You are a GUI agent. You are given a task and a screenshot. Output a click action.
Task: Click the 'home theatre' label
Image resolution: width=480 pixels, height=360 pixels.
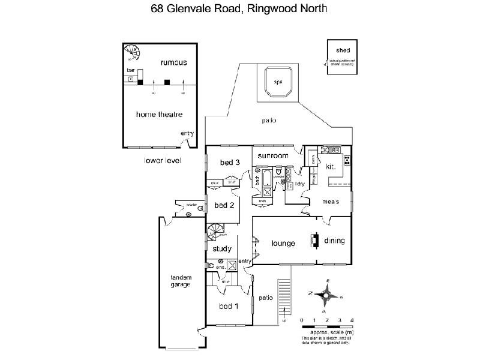point(159,114)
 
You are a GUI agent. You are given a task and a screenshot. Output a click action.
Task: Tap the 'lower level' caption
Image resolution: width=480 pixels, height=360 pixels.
point(161,161)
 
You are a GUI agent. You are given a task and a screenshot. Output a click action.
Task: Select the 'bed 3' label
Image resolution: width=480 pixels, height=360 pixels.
point(230,163)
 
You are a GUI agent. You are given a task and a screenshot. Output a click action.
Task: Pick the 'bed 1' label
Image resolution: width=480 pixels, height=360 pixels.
point(228,307)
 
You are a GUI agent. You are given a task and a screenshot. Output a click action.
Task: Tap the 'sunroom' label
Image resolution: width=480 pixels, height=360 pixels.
point(273,156)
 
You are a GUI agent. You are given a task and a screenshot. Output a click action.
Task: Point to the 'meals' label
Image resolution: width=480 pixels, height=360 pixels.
point(329,202)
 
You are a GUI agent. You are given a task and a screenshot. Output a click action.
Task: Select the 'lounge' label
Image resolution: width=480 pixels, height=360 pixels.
point(283,243)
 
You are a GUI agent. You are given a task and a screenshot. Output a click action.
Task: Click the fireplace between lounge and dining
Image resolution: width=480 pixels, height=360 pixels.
point(313,240)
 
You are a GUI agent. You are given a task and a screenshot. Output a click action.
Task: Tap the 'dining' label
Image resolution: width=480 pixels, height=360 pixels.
point(335,241)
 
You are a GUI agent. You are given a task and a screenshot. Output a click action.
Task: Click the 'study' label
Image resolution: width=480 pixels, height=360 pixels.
point(222,248)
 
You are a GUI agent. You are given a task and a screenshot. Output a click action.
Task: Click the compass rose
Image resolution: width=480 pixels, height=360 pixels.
point(326,295)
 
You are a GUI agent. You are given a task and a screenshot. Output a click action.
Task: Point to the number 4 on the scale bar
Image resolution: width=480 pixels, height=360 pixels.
point(352,320)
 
